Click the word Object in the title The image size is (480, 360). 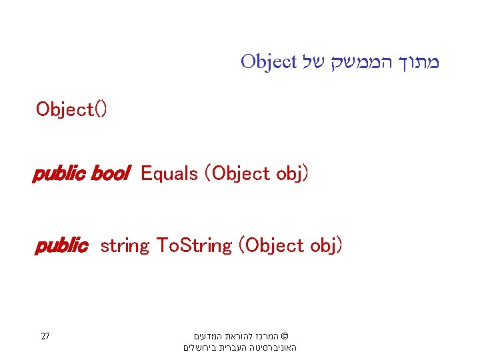pos(268,63)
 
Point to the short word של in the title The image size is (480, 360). pos(314,63)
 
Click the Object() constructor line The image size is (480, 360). pos(71,109)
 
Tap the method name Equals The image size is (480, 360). pos(170,174)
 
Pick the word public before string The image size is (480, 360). pos(61,246)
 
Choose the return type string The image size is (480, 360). pos(125,246)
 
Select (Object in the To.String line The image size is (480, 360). pos(271,246)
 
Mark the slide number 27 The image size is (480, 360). pos(45,336)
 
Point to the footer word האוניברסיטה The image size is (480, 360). pos(273,348)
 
